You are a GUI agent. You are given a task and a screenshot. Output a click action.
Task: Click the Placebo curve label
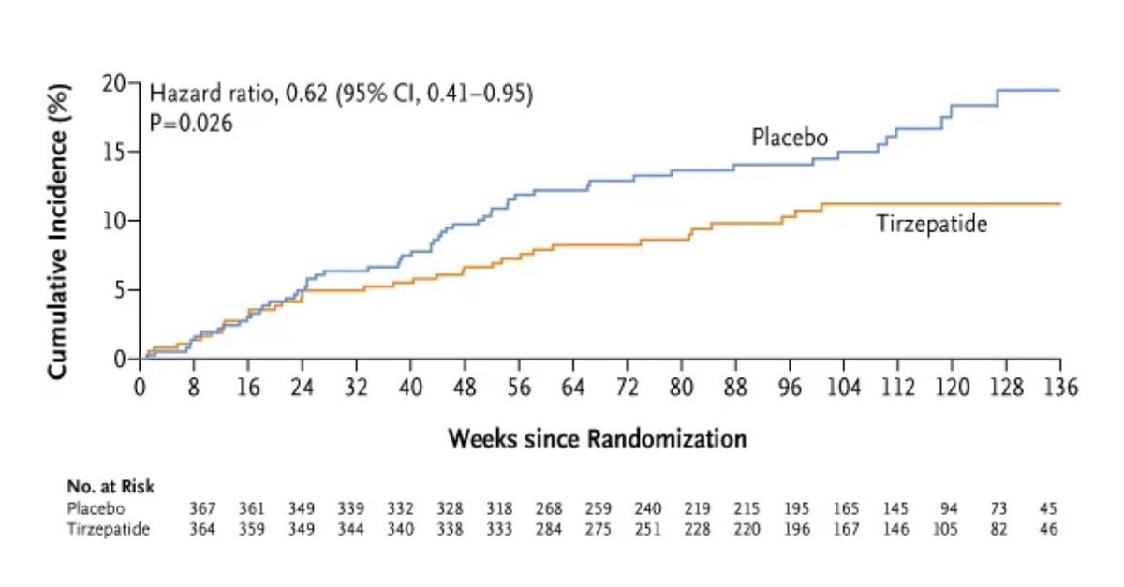(790, 138)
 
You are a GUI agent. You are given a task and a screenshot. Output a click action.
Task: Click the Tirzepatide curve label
(931, 224)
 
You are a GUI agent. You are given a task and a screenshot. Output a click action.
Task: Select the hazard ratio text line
(341, 95)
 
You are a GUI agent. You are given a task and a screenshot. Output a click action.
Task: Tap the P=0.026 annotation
(190, 123)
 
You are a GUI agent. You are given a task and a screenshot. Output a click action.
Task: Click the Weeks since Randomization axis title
(598, 438)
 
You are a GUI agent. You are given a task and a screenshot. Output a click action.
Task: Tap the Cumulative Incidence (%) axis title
(57, 228)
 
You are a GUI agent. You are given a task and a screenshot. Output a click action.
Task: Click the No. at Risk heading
(111, 487)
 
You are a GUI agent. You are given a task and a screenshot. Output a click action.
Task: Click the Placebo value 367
(203, 509)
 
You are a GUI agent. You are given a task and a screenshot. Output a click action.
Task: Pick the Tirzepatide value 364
(203, 529)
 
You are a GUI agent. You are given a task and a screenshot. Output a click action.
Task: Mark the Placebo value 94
(950, 509)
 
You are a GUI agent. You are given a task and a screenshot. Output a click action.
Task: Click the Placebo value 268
(549, 509)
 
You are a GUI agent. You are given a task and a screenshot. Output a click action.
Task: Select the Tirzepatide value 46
(1047, 529)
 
